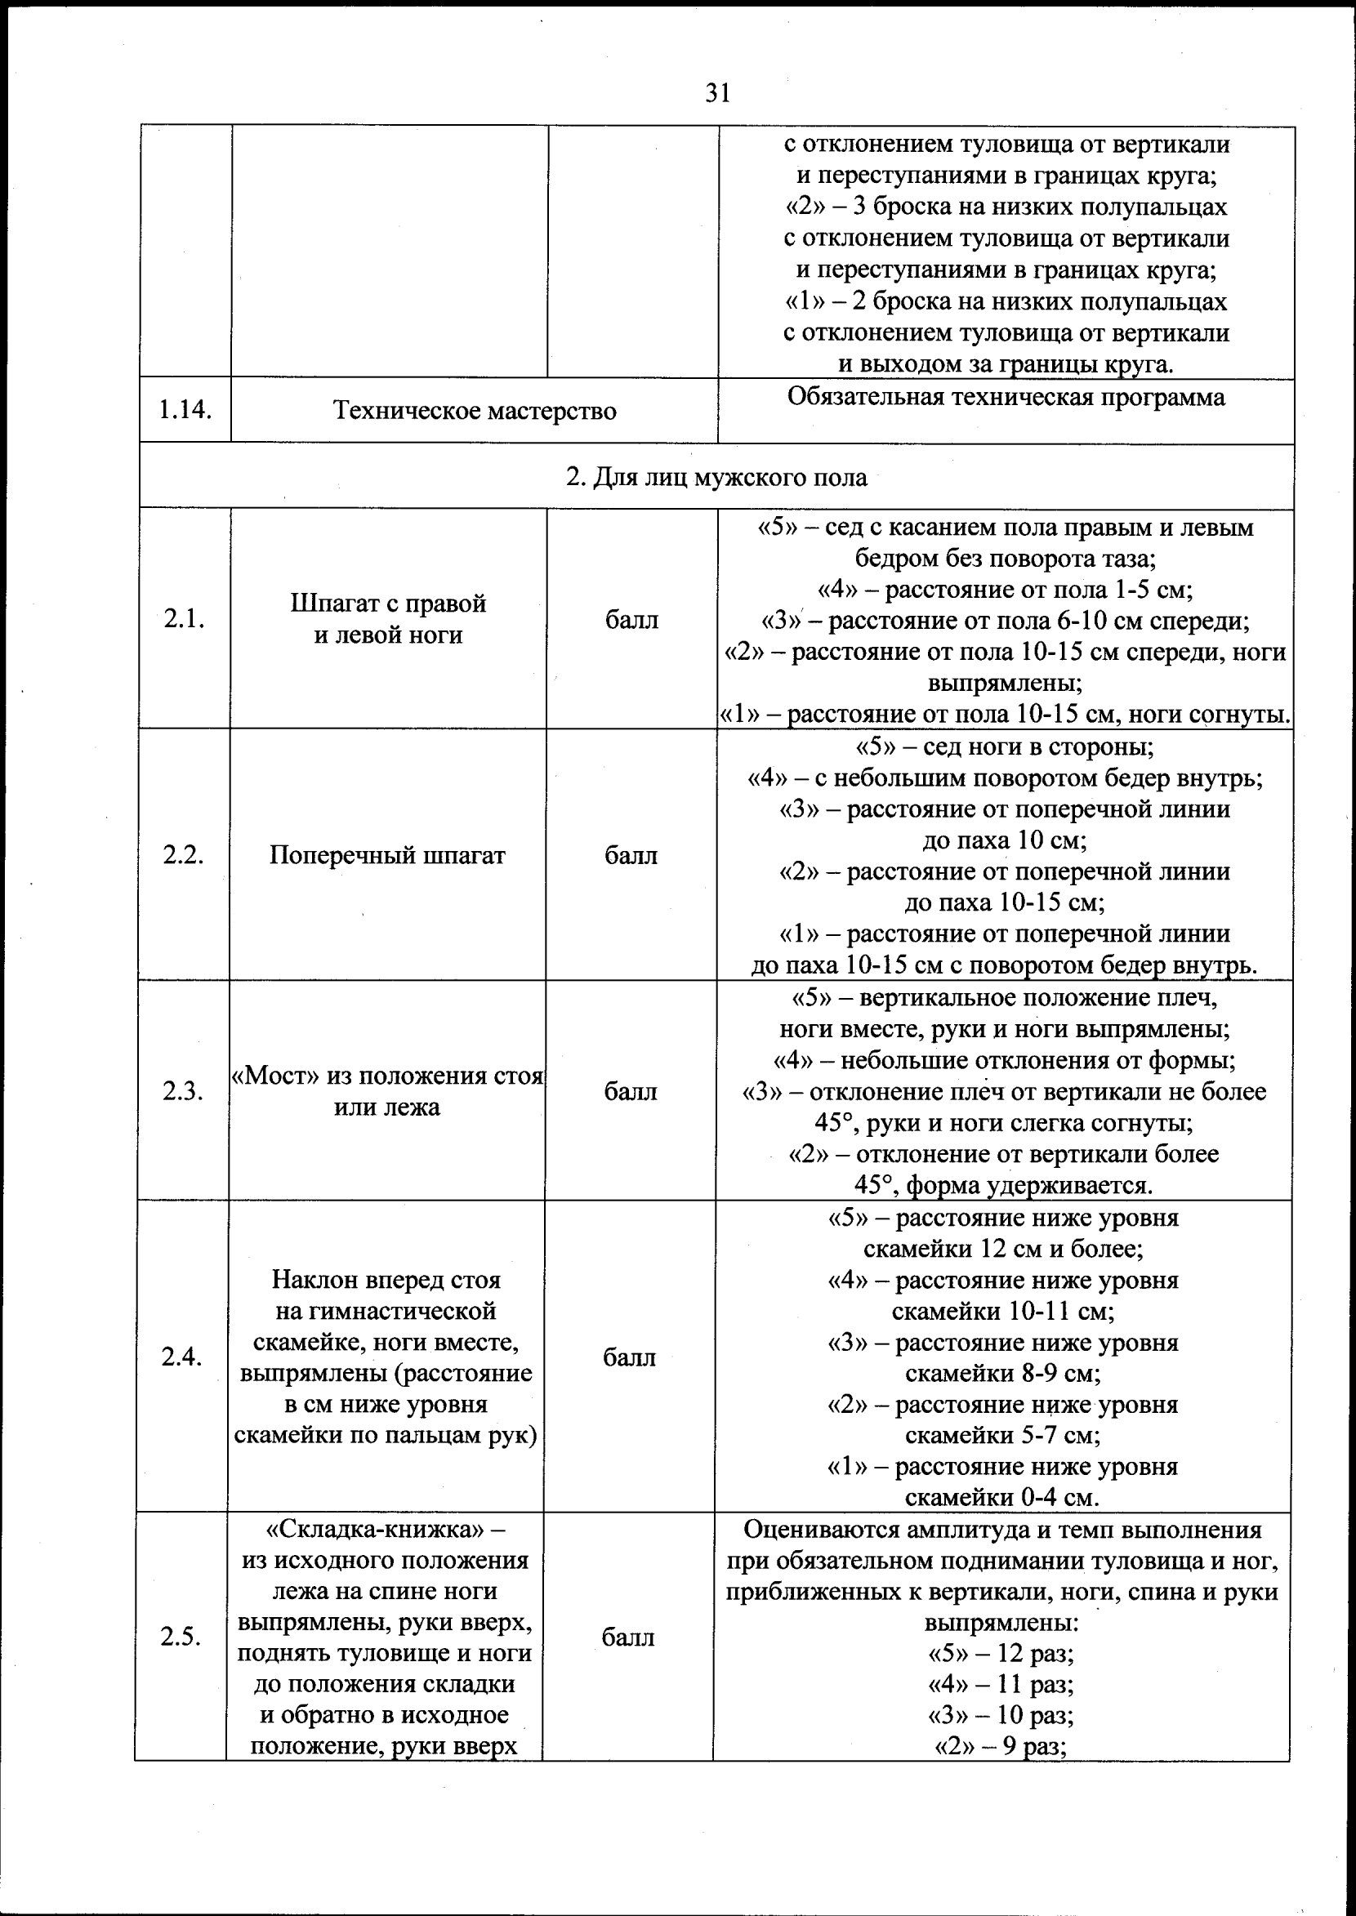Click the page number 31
click(x=717, y=92)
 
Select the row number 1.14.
click(x=184, y=410)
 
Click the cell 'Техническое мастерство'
click(x=475, y=411)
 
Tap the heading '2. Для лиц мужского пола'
click(x=716, y=478)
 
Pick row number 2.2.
click(x=184, y=856)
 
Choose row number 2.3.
click(x=183, y=1091)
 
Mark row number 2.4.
click(x=182, y=1357)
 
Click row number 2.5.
click(x=181, y=1638)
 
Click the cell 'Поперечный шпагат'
click(x=387, y=856)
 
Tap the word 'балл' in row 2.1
click(x=631, y=621)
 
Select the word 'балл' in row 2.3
click(x=631, y=1092)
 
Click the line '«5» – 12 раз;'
click(x=1001, y=1654)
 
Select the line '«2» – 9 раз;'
click(x=1001, y=1746)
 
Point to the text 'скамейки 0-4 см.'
click(x=1002, y=1498)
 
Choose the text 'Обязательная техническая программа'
click(x=1006, y=397)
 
